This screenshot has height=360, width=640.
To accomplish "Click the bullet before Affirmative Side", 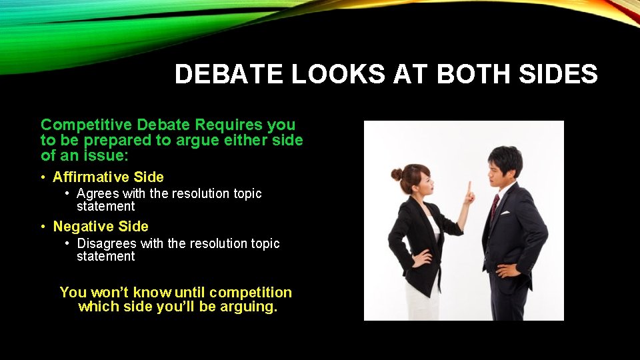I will coord(43,177).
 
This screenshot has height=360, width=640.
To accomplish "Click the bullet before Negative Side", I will coord(43,227).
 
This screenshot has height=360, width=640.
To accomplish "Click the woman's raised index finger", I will coord(469,187).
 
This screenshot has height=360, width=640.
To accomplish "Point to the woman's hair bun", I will coord(397,174).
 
